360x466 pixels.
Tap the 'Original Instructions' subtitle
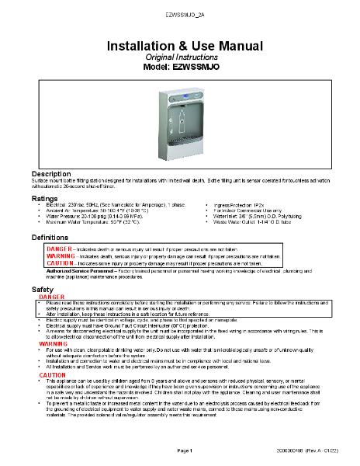[179, 58]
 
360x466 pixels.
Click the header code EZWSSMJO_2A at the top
[180, 16]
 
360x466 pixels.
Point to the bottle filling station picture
[179, 124]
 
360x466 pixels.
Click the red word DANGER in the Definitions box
[59, 248]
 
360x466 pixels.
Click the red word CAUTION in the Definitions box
[61, 263]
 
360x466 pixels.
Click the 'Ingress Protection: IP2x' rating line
[240, 206]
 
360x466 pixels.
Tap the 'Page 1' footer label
[184, 450]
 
